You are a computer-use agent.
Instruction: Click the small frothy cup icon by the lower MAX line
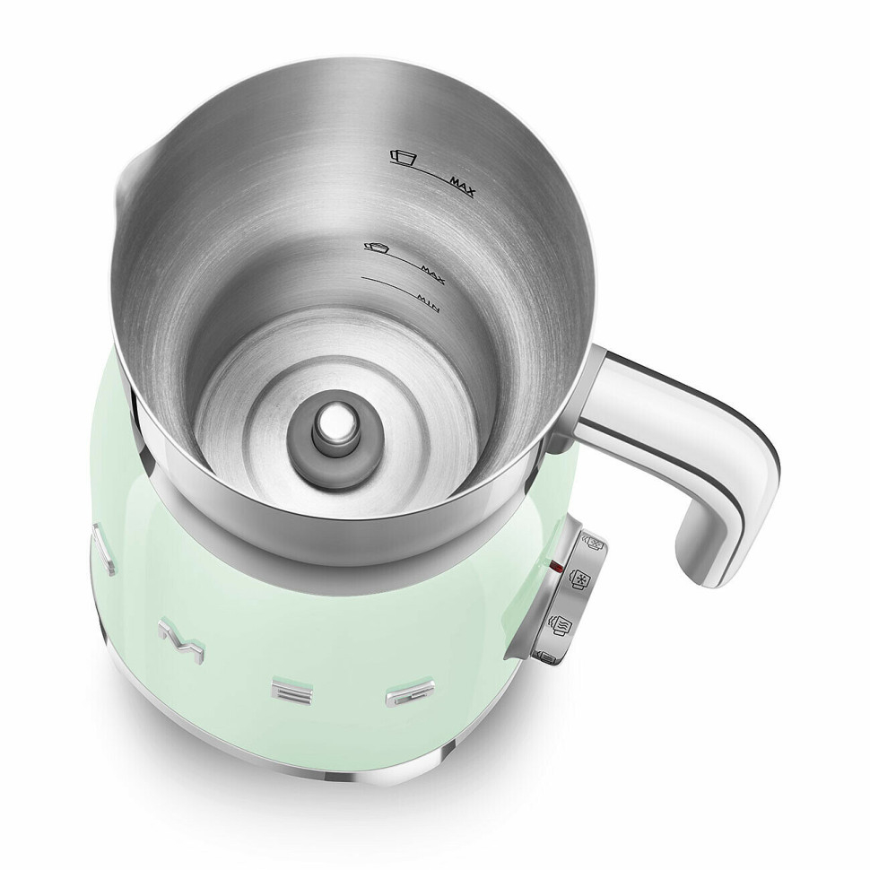(375, 247)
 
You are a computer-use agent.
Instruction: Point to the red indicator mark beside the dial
(559, 568)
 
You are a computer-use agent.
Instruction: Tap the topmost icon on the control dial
(595, 541)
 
